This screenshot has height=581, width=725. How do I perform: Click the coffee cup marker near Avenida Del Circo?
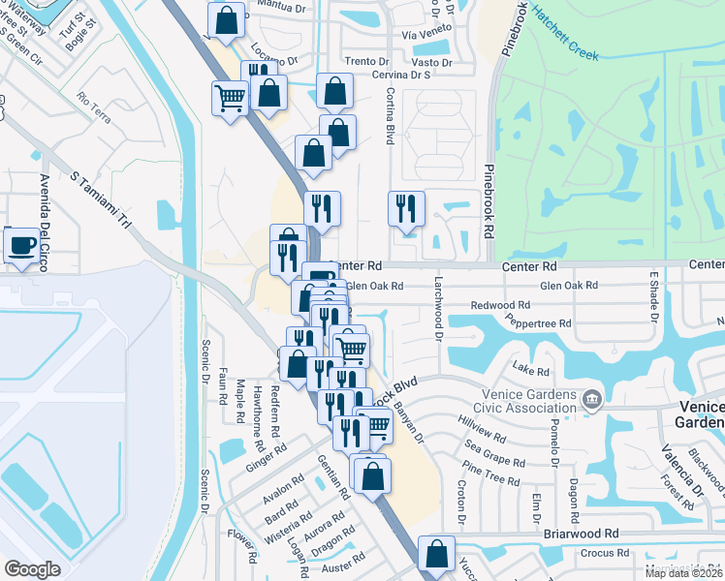(x=21, y=243)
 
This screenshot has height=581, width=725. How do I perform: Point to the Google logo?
(x=32, y=569)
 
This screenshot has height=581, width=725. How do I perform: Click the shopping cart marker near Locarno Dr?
(x=230, y=97)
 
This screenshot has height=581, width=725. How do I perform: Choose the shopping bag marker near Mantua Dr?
(x=225, y=19)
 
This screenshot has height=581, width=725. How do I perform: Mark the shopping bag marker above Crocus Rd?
(x=437, y=553)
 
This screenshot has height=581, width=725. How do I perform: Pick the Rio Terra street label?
(x=96, y=100)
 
